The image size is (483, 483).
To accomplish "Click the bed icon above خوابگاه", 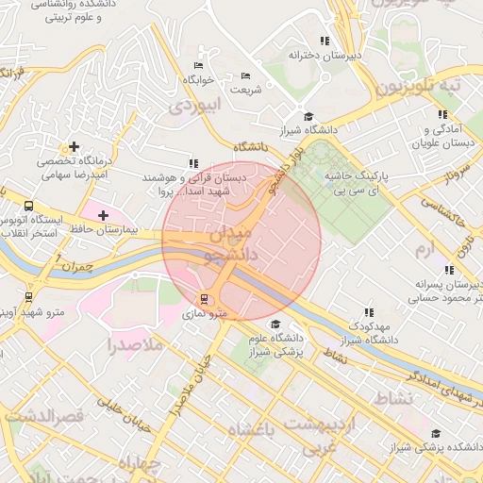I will pos(197,65).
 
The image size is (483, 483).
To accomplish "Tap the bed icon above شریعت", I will pos(246,75).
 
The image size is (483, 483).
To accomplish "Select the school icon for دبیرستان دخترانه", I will pos(325,41).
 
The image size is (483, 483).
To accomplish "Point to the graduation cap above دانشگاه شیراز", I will pos(308,116).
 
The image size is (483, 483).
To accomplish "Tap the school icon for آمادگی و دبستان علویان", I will pos(442,114).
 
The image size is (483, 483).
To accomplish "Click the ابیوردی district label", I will pos(193,108).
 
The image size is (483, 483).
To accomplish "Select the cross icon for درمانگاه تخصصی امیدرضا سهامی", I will pos(74,146).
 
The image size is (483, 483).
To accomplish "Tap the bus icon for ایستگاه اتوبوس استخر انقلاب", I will pos(28,205).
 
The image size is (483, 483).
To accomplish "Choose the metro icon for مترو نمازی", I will pos(207,300).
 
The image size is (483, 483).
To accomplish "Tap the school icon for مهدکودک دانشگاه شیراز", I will pos(368,312).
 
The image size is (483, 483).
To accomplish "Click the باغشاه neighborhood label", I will pos(265,430).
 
